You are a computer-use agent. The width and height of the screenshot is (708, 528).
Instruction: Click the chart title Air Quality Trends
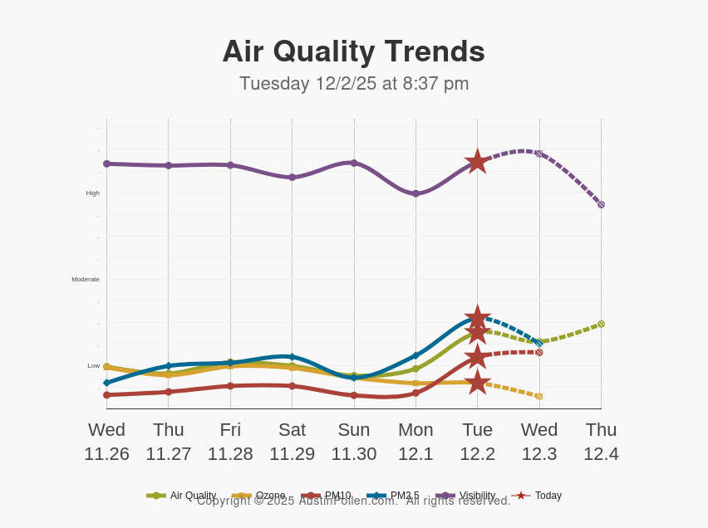point(353,51)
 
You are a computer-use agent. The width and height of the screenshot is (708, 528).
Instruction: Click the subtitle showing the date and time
point(354,84)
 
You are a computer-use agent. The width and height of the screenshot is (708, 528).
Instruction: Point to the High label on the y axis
point(92,193)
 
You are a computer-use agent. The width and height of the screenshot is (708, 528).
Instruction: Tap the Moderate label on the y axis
point(86,280)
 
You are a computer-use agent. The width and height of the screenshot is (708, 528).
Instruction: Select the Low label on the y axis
point(93,366)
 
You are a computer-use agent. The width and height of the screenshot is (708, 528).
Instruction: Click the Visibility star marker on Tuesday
point(477,161)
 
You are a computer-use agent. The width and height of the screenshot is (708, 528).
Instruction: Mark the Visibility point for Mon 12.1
point(415,193)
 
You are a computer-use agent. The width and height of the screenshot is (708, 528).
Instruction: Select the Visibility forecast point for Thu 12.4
point(601,204)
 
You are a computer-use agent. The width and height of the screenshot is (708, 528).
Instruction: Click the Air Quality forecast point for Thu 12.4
point(601,324)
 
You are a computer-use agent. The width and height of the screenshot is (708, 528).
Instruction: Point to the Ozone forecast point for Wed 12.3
point(538,396)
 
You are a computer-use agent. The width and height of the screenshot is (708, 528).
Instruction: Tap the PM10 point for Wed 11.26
point(106,394)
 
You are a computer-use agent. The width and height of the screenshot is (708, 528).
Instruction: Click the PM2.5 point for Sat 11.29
point(292,357)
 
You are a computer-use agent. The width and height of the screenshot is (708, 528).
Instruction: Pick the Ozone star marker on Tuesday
point(477,382)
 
